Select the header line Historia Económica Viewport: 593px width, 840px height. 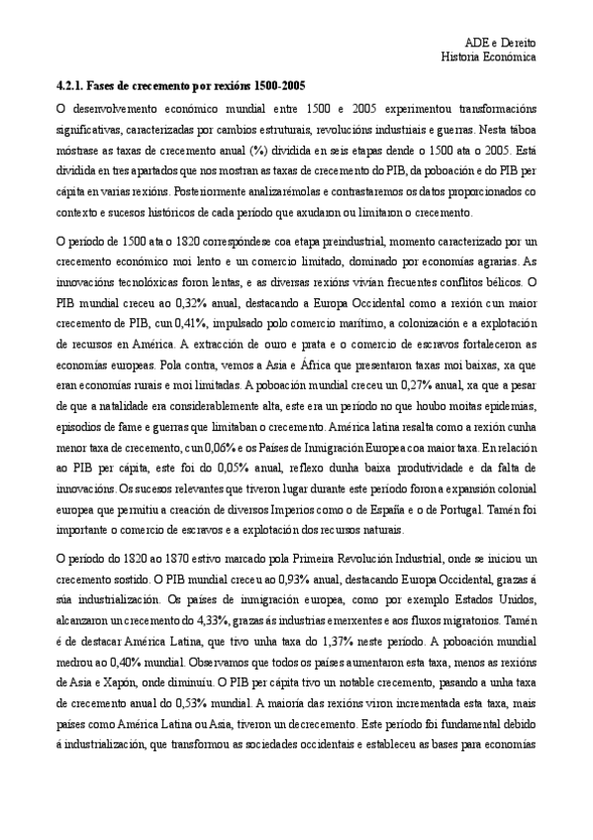(x=488, y=57)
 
